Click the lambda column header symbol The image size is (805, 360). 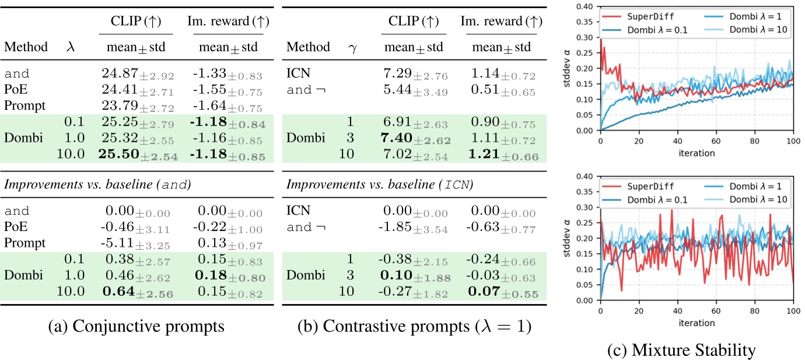[x=71, y=47]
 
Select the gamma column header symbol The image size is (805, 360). [x=352, y=47]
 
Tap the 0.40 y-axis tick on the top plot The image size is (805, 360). [x=588, y=7]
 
